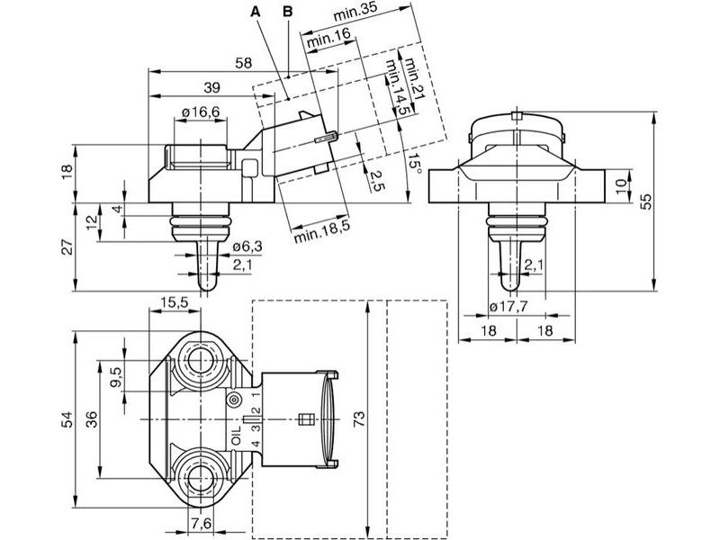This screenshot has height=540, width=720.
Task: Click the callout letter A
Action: click(x=256, y=12)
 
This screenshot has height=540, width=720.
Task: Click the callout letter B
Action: click(x=288, y=12)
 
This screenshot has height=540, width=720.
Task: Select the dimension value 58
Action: click(x=243, y=63)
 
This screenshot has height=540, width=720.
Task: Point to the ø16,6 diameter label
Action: click(x=201, y=112)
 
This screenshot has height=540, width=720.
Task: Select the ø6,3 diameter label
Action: click(x=247, y=247)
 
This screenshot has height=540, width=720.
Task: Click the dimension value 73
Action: click(x=359, y=419)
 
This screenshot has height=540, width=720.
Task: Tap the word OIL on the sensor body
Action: click(x=236, y=436)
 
